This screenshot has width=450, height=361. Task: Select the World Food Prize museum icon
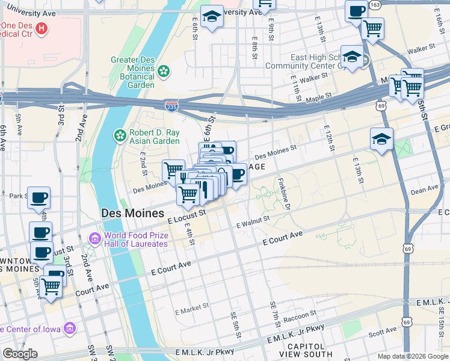(x=94, y=239)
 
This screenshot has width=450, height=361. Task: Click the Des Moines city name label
(x=132, y=214)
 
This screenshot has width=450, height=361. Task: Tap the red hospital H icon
(x=41, y=28)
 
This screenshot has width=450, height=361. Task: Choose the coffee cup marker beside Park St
(x=39, y=198)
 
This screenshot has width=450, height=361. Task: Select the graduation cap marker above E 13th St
(x=381, y=139)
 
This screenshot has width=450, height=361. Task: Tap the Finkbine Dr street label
(x=284, y=193)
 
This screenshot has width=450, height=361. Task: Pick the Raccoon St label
(x=299, y=315)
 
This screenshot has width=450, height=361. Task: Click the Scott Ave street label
(x=382, y=331)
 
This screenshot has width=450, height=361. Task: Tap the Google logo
(x=20, y=353)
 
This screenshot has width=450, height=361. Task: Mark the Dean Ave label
(x=424, y=190)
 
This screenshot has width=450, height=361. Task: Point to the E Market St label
(x=191, y=311)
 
